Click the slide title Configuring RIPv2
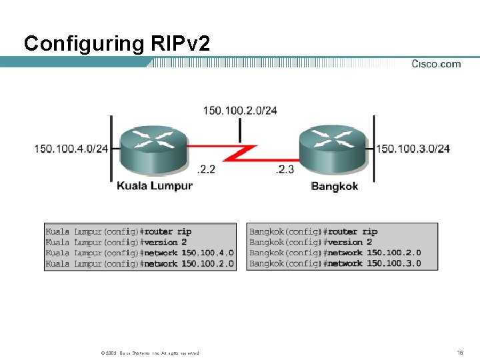[117, 44]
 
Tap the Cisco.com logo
[436, 64]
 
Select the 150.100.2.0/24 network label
[240, 110]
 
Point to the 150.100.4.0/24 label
[71, 148]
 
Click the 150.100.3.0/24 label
[413, 148]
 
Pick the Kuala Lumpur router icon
[153, 151]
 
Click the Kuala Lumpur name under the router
[155, 185]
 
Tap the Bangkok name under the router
[335, 186]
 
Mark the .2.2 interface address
[207, 170]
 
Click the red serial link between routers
[240, 154]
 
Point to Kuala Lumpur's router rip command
[168, 232]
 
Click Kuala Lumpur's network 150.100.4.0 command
[189, 253]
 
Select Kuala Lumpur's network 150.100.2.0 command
[189, 264]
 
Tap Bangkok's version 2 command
[351, 242]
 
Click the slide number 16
[460, 352]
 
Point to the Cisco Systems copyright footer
[149, 353]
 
